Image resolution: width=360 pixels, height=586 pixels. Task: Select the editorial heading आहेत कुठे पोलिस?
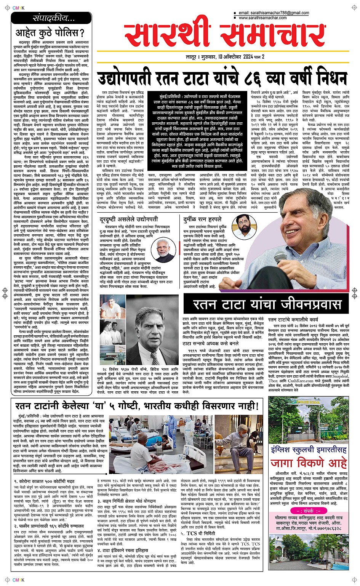50,33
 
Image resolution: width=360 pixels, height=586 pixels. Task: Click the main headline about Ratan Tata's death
222,79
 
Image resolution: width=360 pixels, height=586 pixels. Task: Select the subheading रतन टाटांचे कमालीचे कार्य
293,320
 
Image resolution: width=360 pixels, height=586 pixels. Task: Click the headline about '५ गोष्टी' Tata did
137,406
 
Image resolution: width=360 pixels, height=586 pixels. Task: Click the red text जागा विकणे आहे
309,464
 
